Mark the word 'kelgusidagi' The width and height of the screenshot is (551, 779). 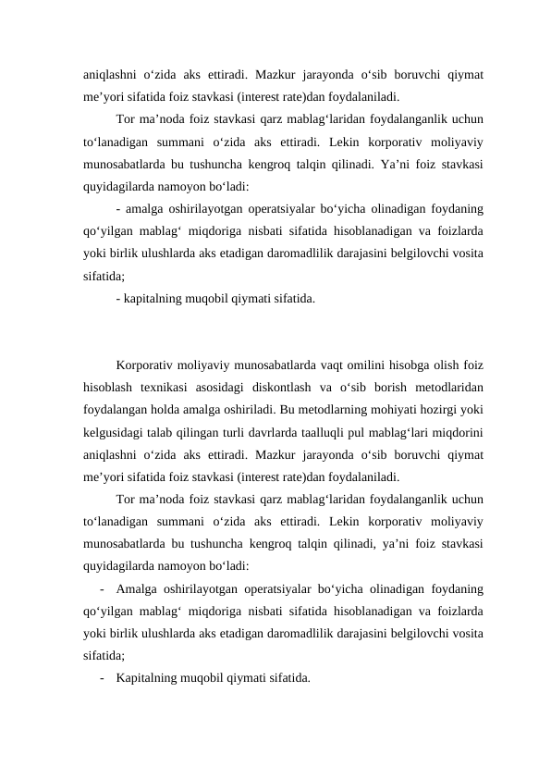coord(114,430)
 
